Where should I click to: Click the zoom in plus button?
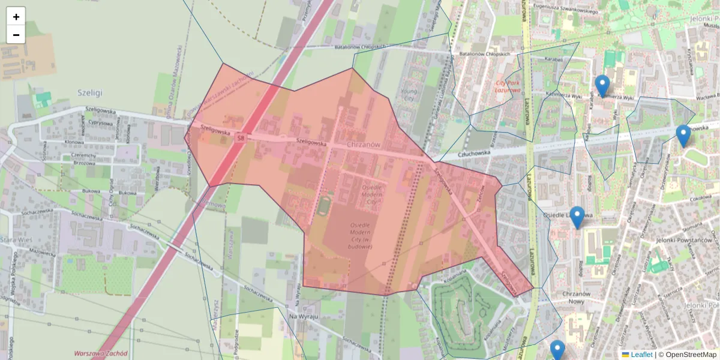click(16, 16)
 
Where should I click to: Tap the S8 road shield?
click(240, 138)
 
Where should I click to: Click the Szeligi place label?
click(90, 92)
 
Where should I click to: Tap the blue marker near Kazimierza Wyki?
click(602, 85)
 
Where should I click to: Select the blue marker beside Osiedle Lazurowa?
click(577, 217)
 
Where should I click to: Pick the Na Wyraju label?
click(302, 316)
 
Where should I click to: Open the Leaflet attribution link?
click(641, 355)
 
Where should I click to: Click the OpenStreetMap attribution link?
click(691, 355)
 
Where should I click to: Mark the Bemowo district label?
click(214, 205)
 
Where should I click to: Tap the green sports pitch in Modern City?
click(324, 206)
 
